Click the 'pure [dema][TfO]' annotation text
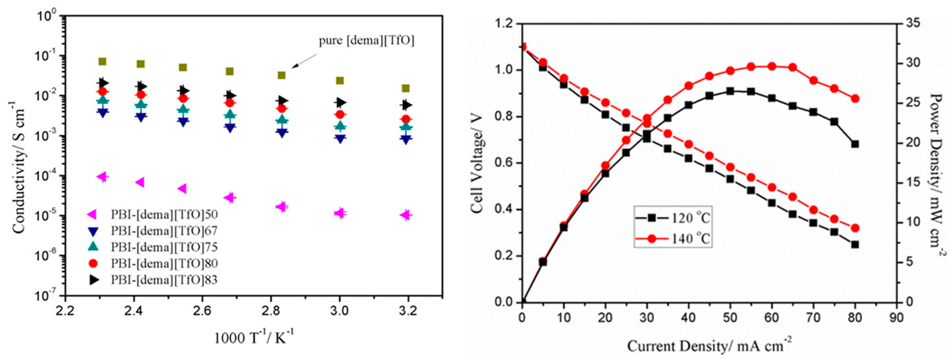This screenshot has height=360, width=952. pyautogui.click(x=367, y=41)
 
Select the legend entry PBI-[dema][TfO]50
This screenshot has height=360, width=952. pyautogui.click(x=164, y=214)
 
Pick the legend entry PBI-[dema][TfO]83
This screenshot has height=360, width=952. pyautogui.click(x=164, y=280)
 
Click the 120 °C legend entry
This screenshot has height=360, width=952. pyautogui.click(x=673, y=218)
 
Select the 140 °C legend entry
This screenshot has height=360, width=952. pyautogui.click(x=673, y=239)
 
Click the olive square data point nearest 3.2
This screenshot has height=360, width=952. pyautogui.click(x=406, y=88)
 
